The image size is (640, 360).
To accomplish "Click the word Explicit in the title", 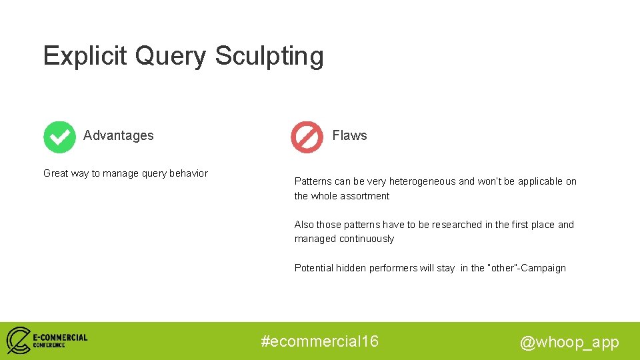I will (x=85, y=56).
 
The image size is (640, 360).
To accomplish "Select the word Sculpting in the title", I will (x=269, y=57).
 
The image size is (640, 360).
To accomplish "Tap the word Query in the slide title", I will (x=171, y=57).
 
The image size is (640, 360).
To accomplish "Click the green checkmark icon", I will (x=59, y=137).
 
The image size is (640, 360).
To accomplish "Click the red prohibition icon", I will (x=307, y=137).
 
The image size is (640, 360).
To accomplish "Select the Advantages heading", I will (x=118, y=135).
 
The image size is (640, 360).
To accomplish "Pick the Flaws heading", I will (x=349, y=135).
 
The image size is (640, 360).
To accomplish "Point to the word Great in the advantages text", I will (x=56, y=173).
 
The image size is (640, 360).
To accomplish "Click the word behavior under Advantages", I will (x=187, y=173).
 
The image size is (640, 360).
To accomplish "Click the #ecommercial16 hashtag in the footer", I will (x=320, y=341).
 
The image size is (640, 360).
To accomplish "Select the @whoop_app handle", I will (x=569, y=342).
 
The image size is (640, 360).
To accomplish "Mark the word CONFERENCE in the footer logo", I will (x=49, y=345).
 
